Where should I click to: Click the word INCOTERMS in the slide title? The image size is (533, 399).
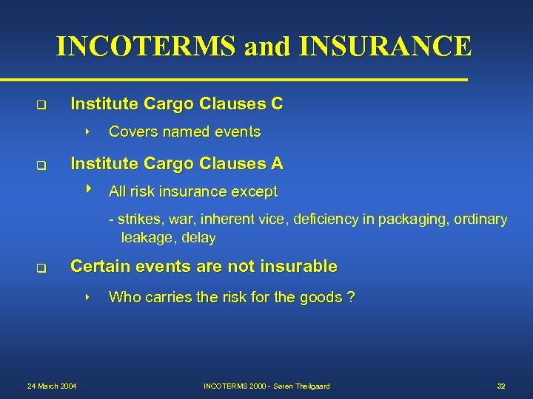tap(147, 46)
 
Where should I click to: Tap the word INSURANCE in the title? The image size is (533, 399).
tap(385, 46)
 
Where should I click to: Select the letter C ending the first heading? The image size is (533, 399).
tap(276, 104)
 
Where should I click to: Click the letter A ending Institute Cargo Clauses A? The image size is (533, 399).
tap(277, 163)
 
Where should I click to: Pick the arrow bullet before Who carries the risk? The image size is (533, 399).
tap(87, 297)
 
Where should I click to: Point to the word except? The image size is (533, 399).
tap(254, 192)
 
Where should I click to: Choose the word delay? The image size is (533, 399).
tap(198, 238)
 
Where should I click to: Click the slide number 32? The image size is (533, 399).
tap(501, 386)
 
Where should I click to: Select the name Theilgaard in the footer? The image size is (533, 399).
tap(311, 386)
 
